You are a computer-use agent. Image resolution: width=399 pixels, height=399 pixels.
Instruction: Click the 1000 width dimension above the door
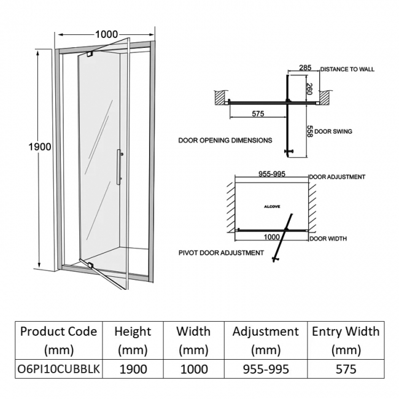click(x=107, y=34)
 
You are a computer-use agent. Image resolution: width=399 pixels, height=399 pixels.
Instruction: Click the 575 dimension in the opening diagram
click(x=258, y=114)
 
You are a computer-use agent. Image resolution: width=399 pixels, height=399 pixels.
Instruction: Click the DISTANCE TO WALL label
click(x=347, y=69)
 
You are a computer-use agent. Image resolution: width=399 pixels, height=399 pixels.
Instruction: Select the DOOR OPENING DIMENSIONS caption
click(x=225, y=141)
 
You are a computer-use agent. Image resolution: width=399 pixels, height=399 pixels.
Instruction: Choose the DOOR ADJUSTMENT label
click(x=337, y=177)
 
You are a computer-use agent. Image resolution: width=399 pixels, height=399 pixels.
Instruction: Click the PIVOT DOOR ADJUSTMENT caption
click(x=221, y=252)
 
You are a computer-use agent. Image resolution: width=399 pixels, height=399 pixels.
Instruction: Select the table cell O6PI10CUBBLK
click(x=59, y=369)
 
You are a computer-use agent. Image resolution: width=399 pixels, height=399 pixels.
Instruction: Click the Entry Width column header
click(x=345, y=341)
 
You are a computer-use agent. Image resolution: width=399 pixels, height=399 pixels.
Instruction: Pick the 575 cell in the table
click(x=345, y=369)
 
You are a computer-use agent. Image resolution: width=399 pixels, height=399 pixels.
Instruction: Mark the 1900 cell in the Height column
click(x=133, y=369)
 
